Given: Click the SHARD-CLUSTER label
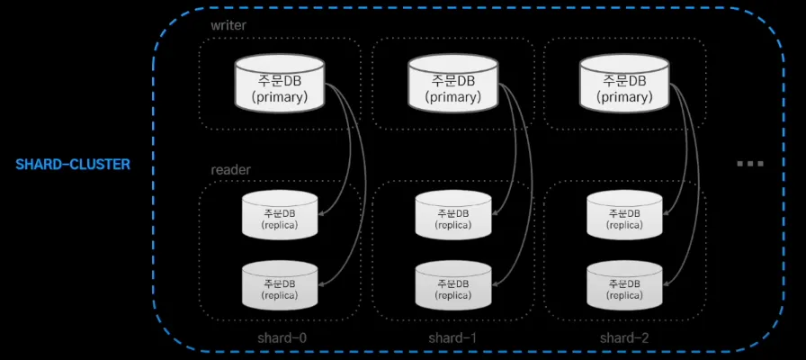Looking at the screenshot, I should (x=73, y=165).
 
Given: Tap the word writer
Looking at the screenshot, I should (x=228, y=25).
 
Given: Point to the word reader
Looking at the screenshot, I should (x=231, y=169).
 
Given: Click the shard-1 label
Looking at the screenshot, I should (x=452, y=338).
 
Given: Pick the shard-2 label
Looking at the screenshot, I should (x=623, y=338).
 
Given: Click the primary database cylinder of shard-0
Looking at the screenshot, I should (x=279, y=84).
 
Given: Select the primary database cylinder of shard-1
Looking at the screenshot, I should (x=452, y=84).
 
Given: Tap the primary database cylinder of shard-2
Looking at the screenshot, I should (x=624, y=84).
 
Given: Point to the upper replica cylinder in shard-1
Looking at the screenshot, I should (x=452, y=217).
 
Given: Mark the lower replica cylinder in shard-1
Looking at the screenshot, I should (x=452, y=287).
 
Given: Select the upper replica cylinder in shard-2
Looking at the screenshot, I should (x=624, y=217).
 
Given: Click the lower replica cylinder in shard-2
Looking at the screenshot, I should (x=624, y=287).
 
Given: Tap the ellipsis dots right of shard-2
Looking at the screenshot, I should (x=749, y=164).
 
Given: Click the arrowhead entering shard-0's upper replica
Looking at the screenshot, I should (x=321, y=214).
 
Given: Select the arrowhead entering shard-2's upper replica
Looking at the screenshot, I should (x=667, y=214).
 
